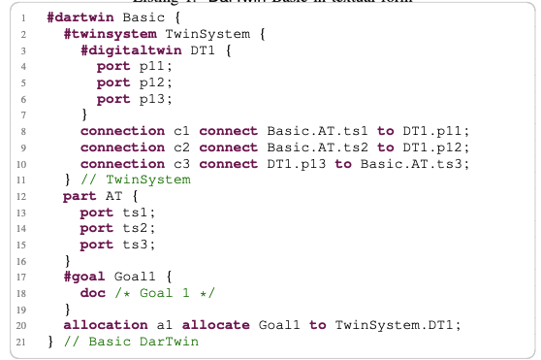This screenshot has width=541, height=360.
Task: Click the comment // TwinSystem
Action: (x=139, y=180)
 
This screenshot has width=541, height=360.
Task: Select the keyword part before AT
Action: (x=80, y=196)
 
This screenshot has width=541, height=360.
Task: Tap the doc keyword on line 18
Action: (x=92, y=292)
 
